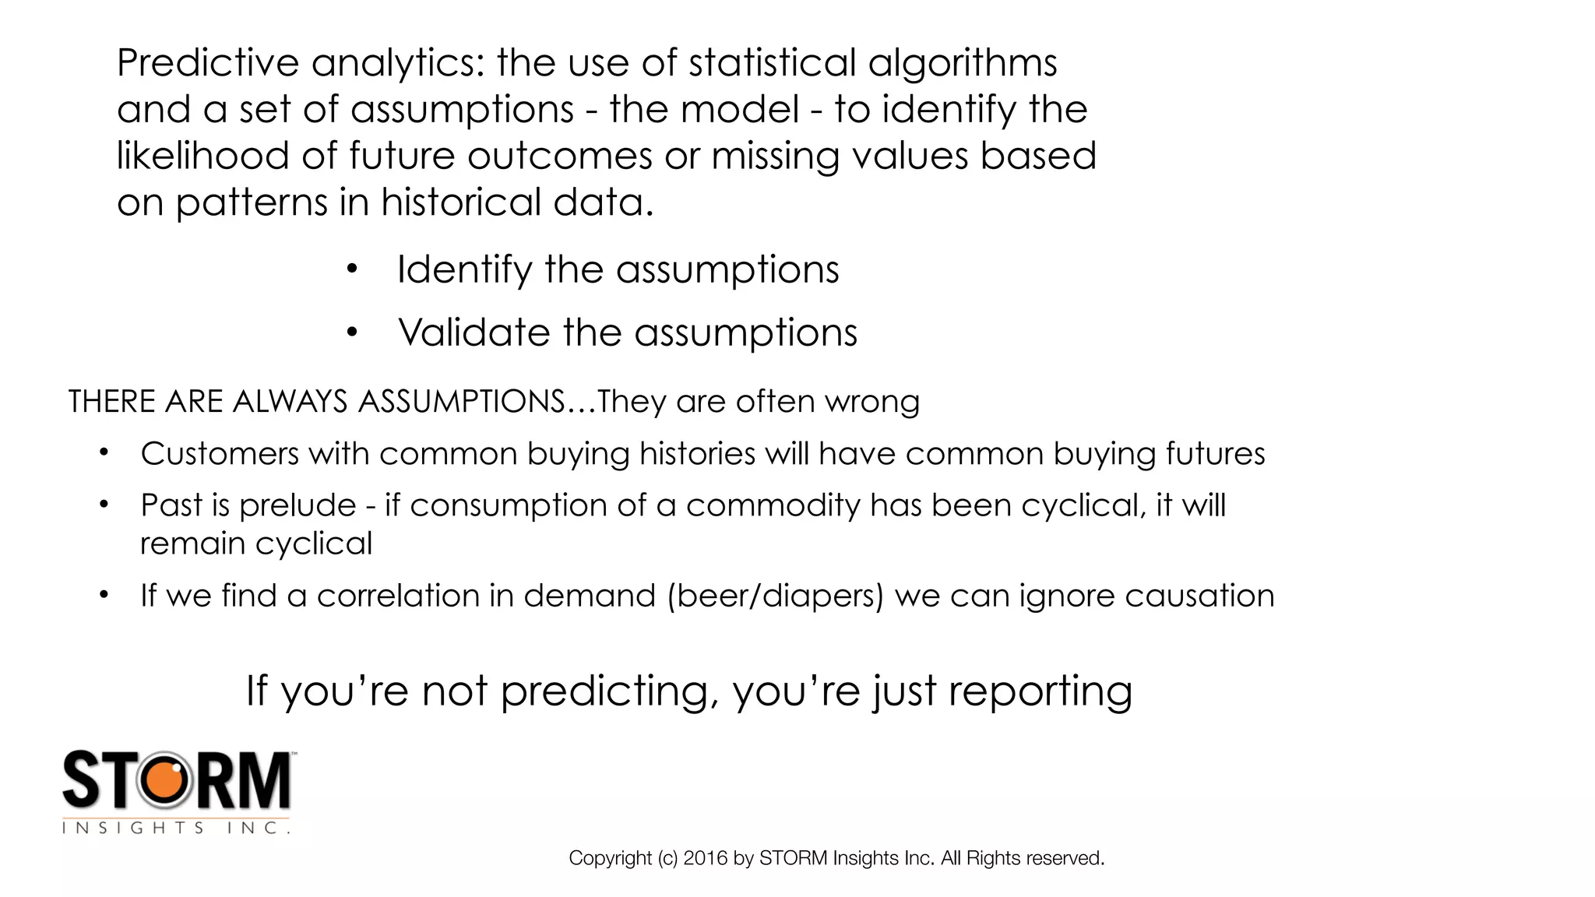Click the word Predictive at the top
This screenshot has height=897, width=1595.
tap(207, 62)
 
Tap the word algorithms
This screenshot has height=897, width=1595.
tap(963, 64)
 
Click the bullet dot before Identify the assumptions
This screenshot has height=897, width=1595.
tap(352, 269)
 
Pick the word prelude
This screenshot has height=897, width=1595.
tap(298, 505)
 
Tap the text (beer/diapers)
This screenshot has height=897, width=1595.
tap(775, 596)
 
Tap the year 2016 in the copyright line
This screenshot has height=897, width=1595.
tap(706, 858)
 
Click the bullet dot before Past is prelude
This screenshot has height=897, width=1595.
tap(104, 505)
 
